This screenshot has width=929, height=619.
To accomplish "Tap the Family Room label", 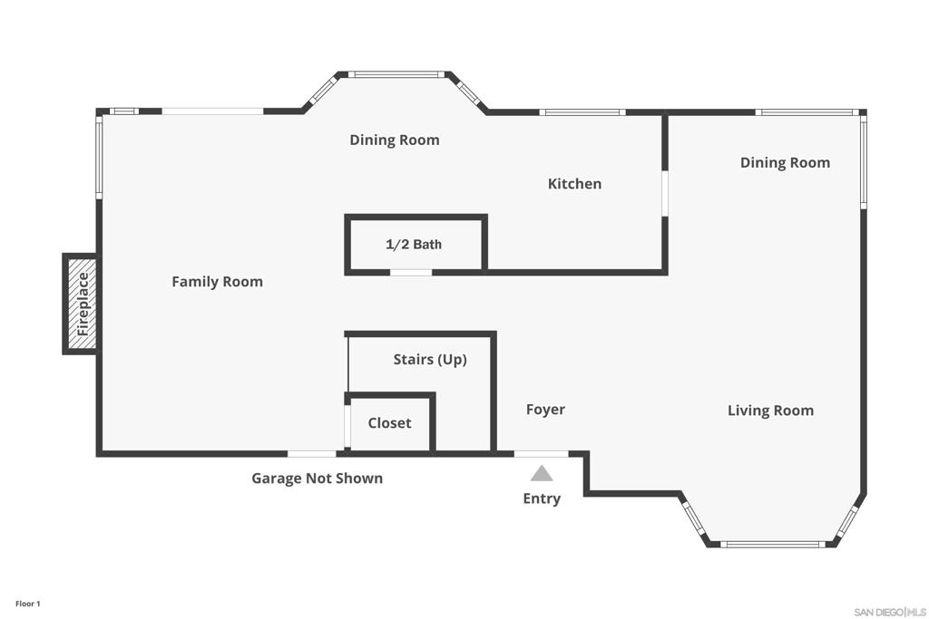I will coord(217,282).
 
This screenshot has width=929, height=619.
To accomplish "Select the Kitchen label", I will coord(574,184).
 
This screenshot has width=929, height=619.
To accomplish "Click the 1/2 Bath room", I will coord(415,245).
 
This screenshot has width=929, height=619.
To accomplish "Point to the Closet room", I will coord(389,423).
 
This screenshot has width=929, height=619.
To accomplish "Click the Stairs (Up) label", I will coord(430,360).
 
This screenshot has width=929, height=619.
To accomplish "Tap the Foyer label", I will coord(545,410).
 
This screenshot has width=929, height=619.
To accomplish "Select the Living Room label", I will coord(770,411).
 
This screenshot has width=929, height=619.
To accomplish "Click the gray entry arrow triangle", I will coord(542,473).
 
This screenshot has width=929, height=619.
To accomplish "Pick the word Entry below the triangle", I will coord(542,498).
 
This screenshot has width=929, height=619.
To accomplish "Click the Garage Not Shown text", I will coord(317,479).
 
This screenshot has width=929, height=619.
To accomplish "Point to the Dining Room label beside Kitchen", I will coord(395,140).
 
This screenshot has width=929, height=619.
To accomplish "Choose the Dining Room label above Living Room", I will coord(785,163).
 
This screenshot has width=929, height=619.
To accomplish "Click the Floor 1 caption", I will coord(27,604).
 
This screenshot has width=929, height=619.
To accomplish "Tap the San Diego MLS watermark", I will coord(890,611).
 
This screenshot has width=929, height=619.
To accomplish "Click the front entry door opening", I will coord(542,453).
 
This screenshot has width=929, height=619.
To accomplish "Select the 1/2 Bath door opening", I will coord(411,272).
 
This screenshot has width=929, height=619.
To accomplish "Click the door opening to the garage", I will coord(311,453).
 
